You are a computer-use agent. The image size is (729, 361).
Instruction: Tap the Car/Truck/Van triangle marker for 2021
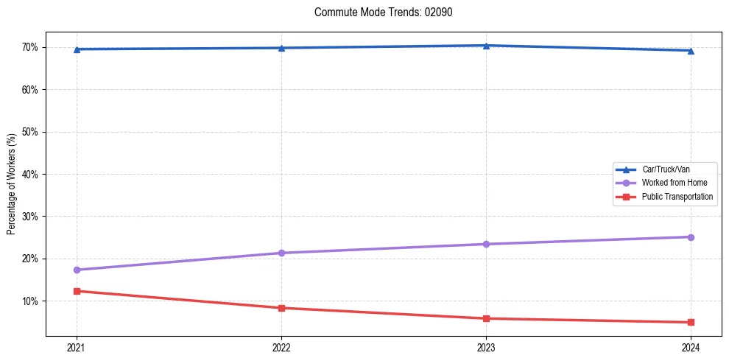(x=77, y=49)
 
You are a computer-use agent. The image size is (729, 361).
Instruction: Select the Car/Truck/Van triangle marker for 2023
(x=486, y=46)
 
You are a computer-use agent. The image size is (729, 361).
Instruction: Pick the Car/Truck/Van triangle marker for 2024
(x=691, y=51)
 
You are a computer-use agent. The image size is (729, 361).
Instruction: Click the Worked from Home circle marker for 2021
(x=77, y=270)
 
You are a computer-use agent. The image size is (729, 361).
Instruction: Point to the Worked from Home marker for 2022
(x=281, y=253)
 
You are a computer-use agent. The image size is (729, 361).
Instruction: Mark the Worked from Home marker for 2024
(x=691, y=237)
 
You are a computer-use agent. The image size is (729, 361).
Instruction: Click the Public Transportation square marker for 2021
(x=77, y=291)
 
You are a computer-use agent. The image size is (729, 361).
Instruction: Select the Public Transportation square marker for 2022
(x=281, y=308)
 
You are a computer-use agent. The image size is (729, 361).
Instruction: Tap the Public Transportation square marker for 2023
(x=486, y=318)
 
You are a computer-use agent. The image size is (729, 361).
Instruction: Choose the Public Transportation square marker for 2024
(x=691, y=322)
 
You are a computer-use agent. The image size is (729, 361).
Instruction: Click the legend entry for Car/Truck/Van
(x=665, y=169)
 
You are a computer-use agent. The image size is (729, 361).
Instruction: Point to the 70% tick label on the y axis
(x=30, y=47)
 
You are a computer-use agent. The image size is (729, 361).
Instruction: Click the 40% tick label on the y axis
(x=30, y=175)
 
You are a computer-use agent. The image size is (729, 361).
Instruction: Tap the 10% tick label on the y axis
(x=30, y=301)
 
